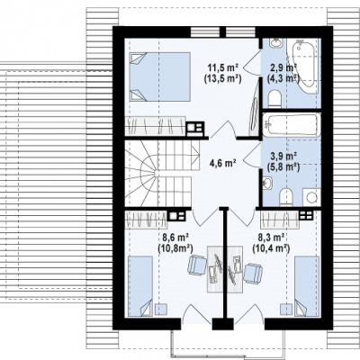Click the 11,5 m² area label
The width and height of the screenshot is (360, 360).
(x=223, y=67)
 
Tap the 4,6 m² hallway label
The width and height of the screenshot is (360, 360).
(x=222, y=164)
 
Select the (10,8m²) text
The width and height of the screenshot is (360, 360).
(x=175, y=247)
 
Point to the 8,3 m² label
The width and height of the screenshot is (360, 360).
(x=272, y=238)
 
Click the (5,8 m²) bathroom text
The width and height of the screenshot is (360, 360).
(x=283, y=166)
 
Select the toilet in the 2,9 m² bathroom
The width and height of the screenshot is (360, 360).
(x=274, y=99)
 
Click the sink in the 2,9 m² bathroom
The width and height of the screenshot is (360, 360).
(x=275, y=42)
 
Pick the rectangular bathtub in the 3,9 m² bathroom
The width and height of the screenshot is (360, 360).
(x=290, y=124)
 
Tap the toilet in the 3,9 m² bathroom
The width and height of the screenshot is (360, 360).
(x=285, y=197)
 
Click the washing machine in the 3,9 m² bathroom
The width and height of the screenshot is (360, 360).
(x=310, y=197)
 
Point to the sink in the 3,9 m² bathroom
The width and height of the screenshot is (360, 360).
(x=268, y=183)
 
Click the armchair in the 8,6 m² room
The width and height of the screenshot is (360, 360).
(x=197, y=265)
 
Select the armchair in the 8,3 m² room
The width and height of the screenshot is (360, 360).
(x=253, y=274)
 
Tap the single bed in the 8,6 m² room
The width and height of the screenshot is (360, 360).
(x=140, y=286)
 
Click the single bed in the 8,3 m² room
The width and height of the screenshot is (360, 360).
(x=306, y=286)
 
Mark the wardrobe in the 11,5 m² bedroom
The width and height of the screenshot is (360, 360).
(x=155, y=125)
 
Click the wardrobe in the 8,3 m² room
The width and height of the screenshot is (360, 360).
(x=280, y=220)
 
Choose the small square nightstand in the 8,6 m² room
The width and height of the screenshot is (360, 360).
(x=161, y=309)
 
